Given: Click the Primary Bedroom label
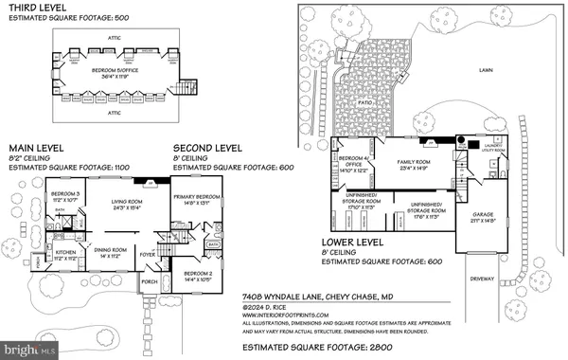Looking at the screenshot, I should coord(197,198).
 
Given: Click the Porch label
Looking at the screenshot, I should coord(151,281).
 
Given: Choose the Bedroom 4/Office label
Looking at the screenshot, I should coord(349,163).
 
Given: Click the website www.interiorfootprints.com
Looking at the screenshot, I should coord(282,315).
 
